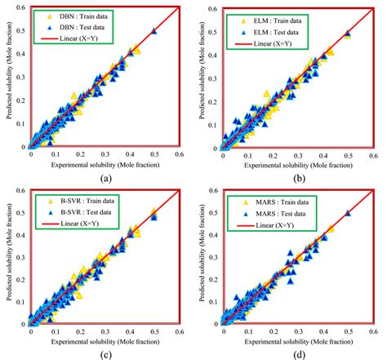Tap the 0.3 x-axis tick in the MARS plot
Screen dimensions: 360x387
tap(299, 331)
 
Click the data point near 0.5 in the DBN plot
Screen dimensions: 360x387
tap(154, 30)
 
